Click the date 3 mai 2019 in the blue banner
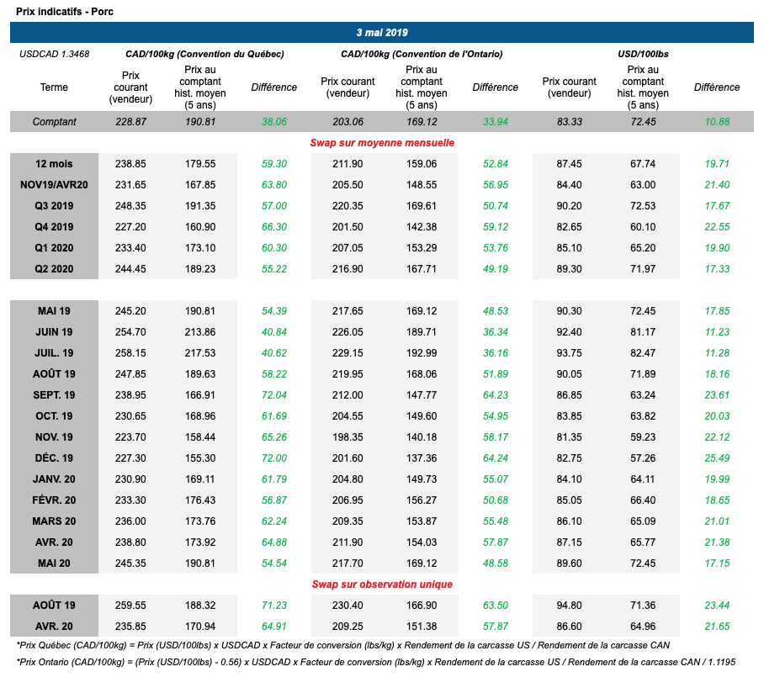(x=381, y=33)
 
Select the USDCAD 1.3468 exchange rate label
(x=54, y=54)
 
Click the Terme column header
(x=54, y=87)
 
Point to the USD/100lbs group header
(x=644, y=54)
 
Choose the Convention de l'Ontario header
(x=422, y=54)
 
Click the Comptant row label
(x=54, y=122)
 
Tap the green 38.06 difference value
(x=274, y=122)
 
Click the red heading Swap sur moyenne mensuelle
(x=382, y=143)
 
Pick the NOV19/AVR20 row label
(x=54, y=185)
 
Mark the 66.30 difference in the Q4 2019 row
(x=274, y=227)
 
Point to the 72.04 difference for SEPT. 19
(x=274, y=395)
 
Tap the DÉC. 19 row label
(x=56, y=458)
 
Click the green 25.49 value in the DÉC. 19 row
(x=717, y=458)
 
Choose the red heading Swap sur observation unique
(x=382, y=584)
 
